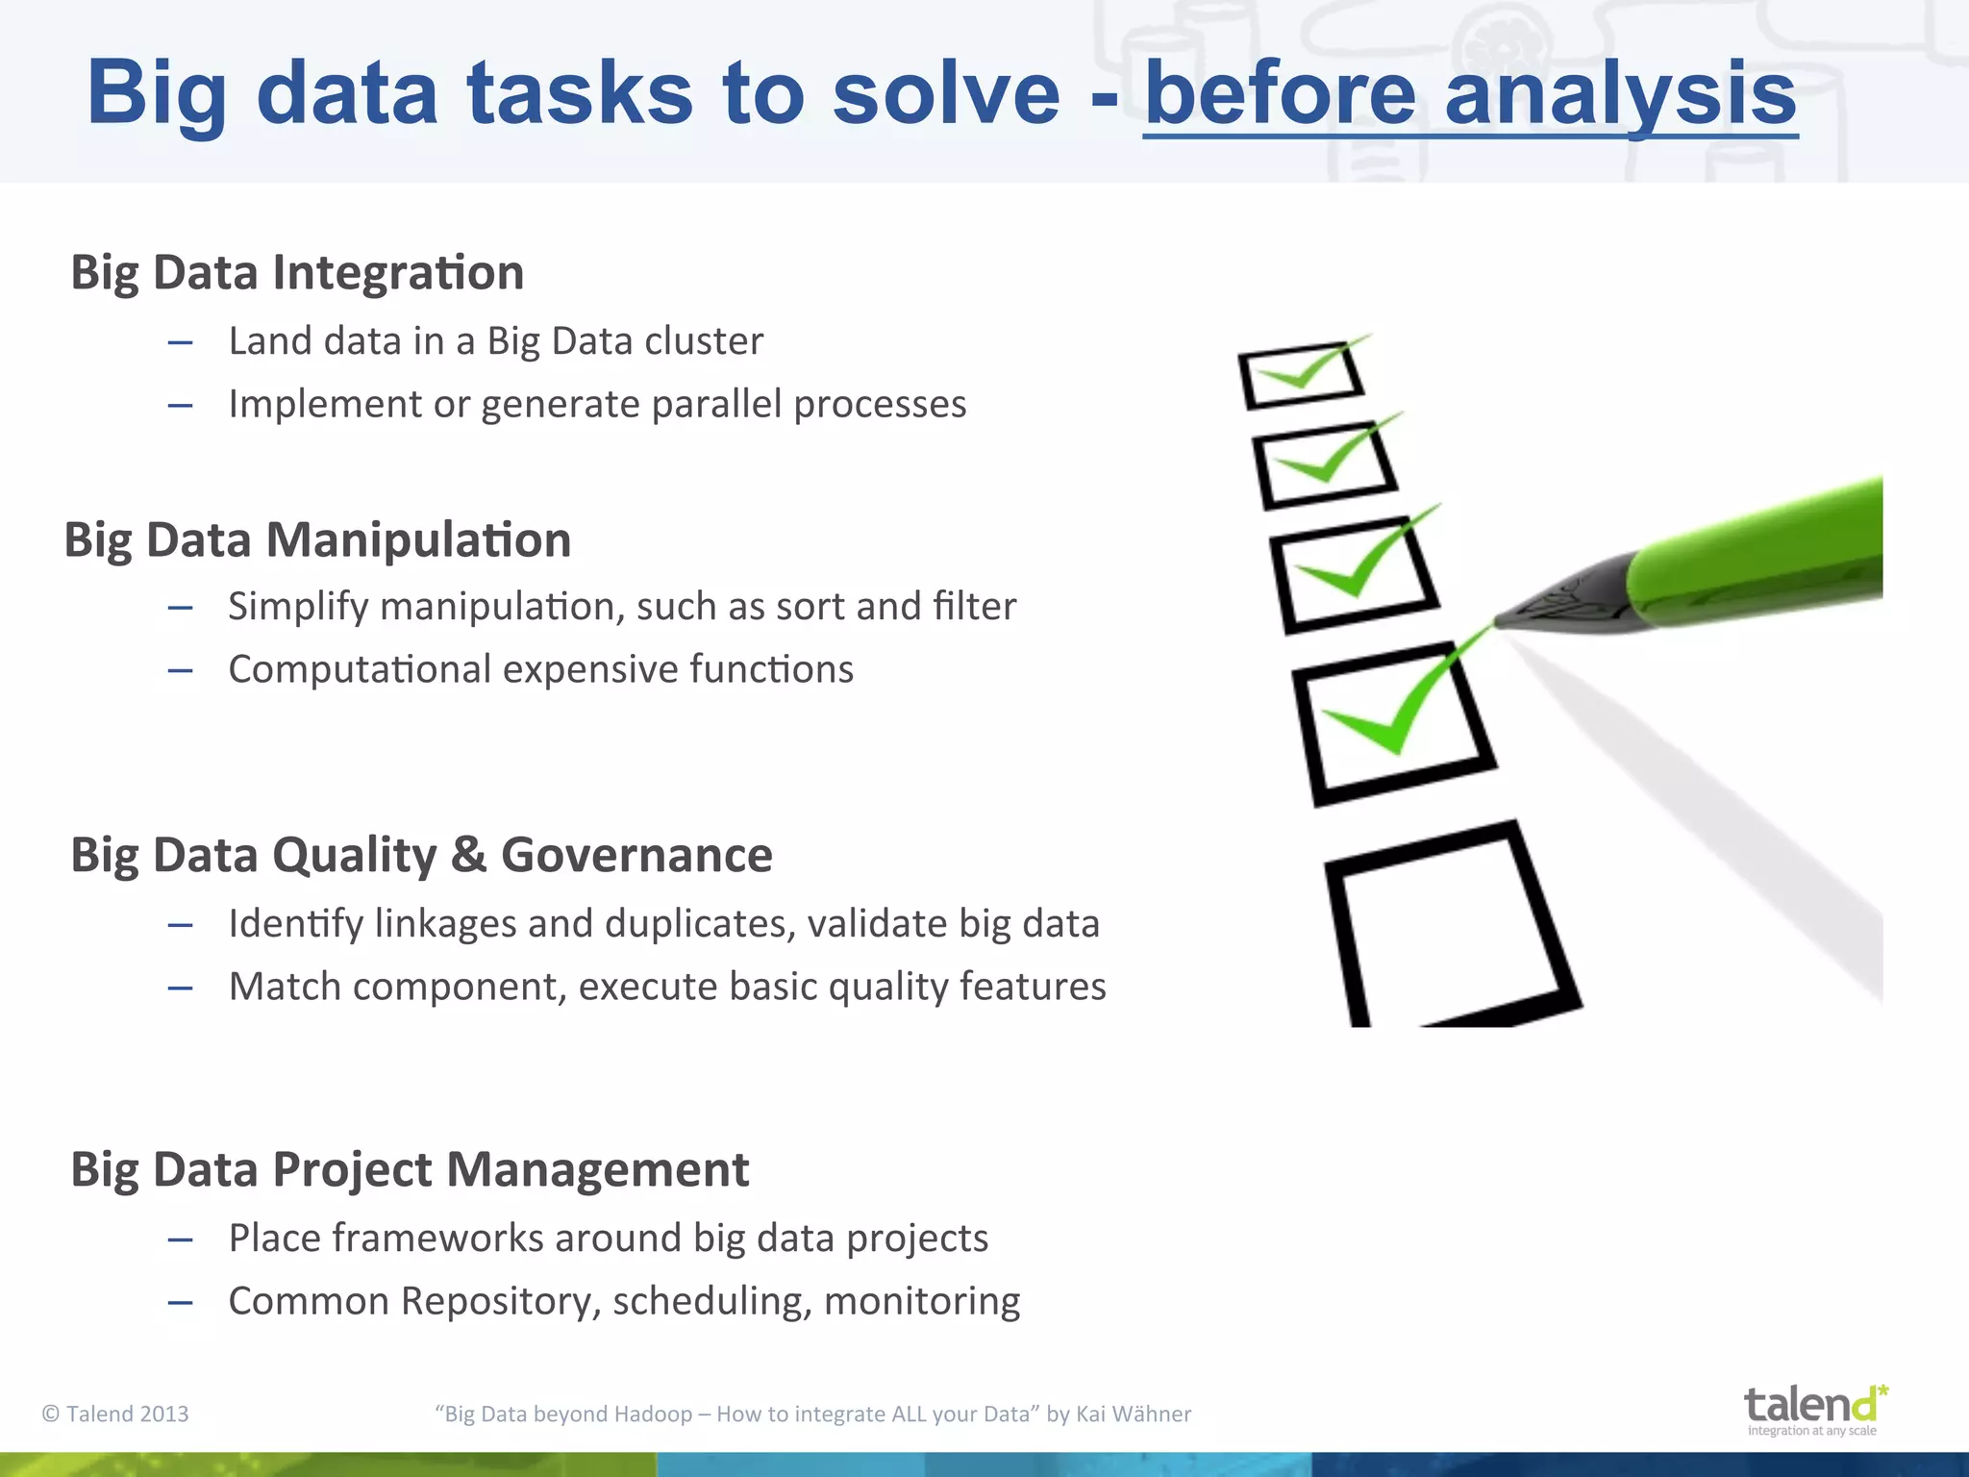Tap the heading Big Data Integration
297,272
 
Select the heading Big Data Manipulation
317,539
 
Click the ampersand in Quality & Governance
468,855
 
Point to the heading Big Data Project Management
410,1169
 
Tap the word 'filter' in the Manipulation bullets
974,607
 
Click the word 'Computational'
360,669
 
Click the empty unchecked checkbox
1447,923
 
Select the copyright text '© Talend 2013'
115,1414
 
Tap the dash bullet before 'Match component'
180,989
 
